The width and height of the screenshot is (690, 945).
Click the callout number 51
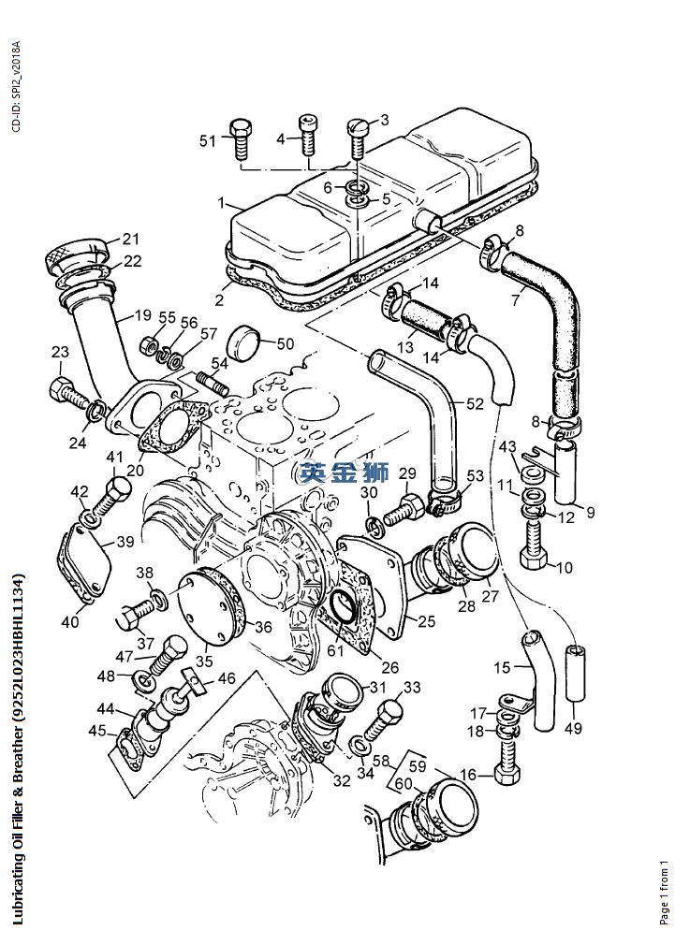207,140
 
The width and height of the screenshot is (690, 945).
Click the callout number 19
143,316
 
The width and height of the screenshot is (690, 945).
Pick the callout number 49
574,729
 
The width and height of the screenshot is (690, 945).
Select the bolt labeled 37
135,615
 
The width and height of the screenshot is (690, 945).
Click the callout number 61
334,650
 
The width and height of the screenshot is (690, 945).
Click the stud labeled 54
211,384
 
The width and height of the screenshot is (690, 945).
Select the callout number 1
221,202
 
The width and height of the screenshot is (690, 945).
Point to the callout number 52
475,403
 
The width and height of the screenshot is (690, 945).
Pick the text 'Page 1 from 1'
665,893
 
